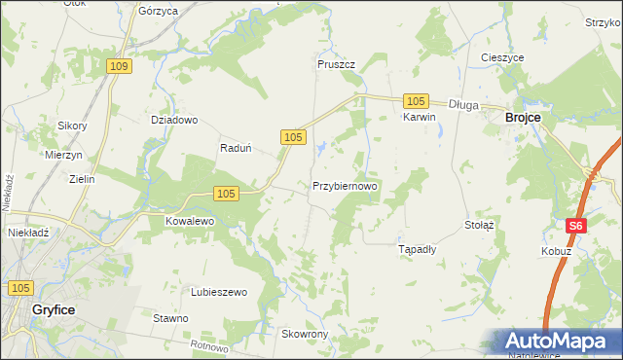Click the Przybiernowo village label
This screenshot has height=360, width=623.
coord(345,185)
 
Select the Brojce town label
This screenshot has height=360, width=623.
coord(523,117)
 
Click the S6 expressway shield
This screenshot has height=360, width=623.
coord(576,225)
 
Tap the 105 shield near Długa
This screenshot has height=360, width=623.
coord(416,101)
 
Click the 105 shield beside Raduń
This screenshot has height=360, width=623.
coord(293,139)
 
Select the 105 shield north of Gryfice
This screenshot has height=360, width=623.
coord(20,288)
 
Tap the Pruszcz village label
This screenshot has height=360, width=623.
coord(336,64)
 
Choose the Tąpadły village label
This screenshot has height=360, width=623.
coord(419,249)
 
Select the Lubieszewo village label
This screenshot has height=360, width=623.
coord(219,292)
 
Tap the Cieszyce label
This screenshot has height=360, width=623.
coord(502,57)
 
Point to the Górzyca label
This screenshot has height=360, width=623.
coord(158,11)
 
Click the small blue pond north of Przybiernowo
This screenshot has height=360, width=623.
coord(320,149)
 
